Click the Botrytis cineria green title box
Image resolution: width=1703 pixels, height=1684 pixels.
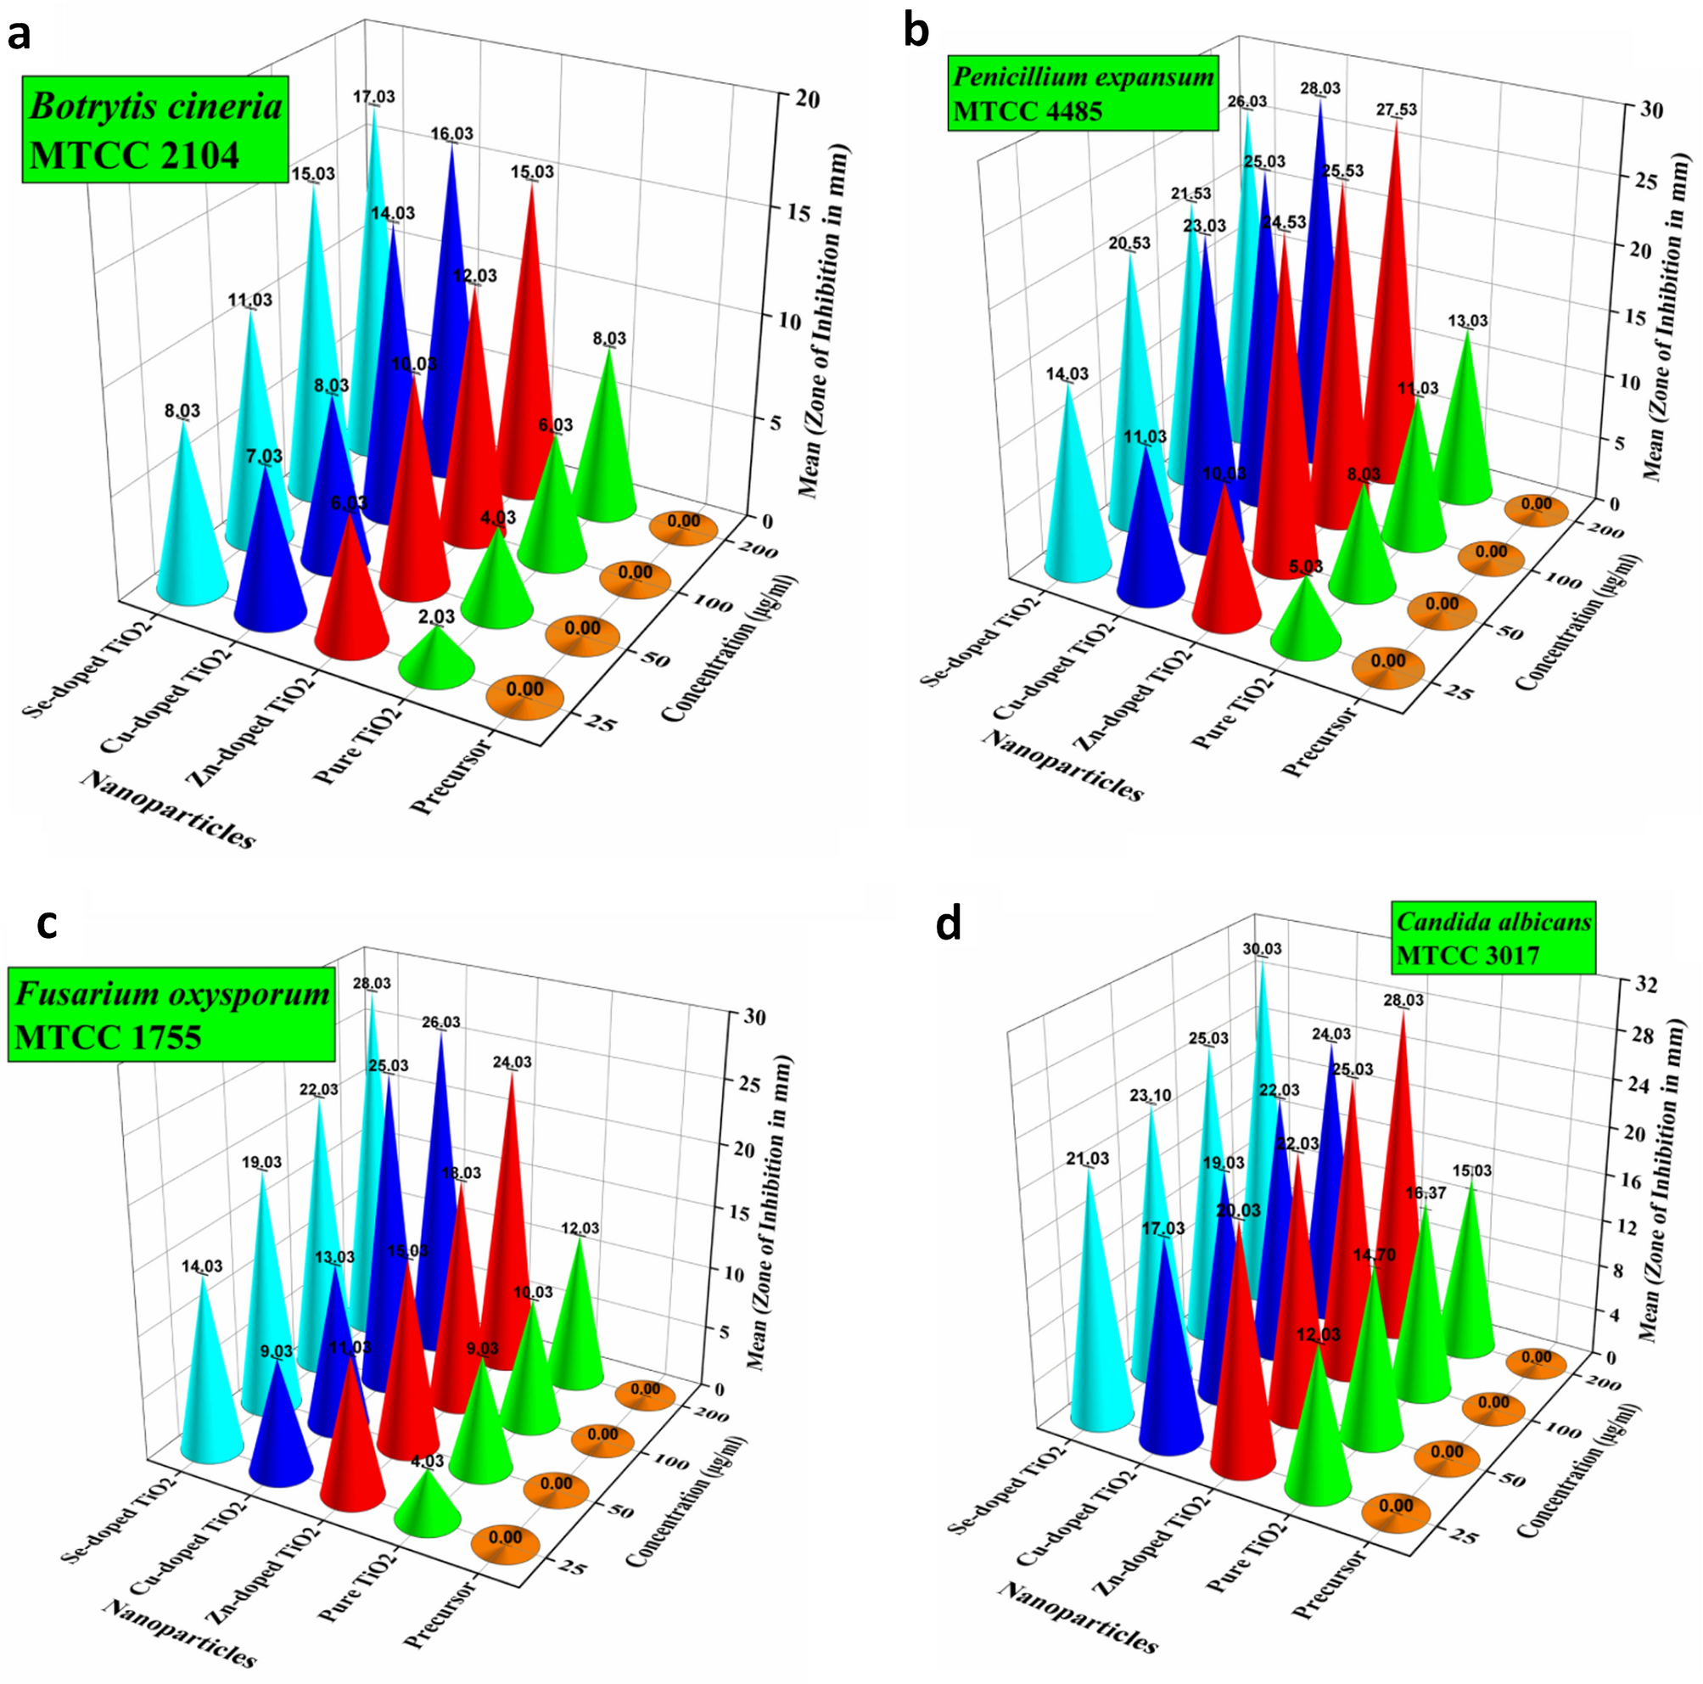click(155, 130)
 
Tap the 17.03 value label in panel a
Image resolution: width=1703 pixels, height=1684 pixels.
click(373, 97)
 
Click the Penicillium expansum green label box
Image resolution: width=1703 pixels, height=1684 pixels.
click(1084, 93)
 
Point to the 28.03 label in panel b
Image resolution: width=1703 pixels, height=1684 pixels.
click(1320, 88)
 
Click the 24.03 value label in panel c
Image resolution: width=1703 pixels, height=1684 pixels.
click(513, 1063)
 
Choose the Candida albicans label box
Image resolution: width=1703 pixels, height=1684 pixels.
click(1493, 937)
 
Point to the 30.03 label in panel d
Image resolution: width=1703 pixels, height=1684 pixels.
click(1263, 949)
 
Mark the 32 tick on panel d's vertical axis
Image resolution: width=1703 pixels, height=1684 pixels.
click(1645, 985)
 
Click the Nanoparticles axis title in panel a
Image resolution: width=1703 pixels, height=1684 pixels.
click(167, 809)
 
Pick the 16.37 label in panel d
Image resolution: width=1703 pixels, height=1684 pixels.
click(1426, 1193)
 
